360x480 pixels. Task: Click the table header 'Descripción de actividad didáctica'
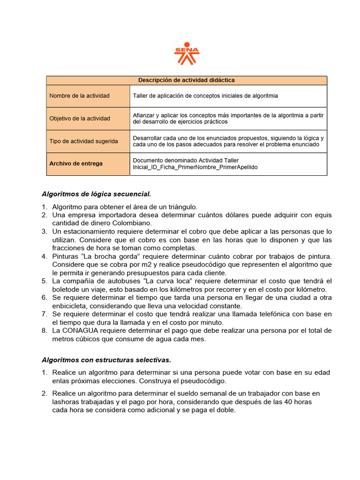tap(186, 80)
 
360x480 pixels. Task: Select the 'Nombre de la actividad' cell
tap(80, 96)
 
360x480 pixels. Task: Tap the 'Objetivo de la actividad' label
tap(80, 119)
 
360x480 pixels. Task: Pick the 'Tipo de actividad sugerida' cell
tap(84, 141)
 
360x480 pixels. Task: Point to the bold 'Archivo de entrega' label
tap(76, 164)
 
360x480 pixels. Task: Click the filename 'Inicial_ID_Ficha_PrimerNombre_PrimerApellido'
tap(195, 167)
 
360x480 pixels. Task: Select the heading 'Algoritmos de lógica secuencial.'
tap(97, 193)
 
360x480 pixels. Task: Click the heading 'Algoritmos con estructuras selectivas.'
tap(106, 360)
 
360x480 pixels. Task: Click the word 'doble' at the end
tap(225, 410)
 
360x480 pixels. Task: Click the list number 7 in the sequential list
tap(44, 314)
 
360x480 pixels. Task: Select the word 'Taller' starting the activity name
tap(141, 96)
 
